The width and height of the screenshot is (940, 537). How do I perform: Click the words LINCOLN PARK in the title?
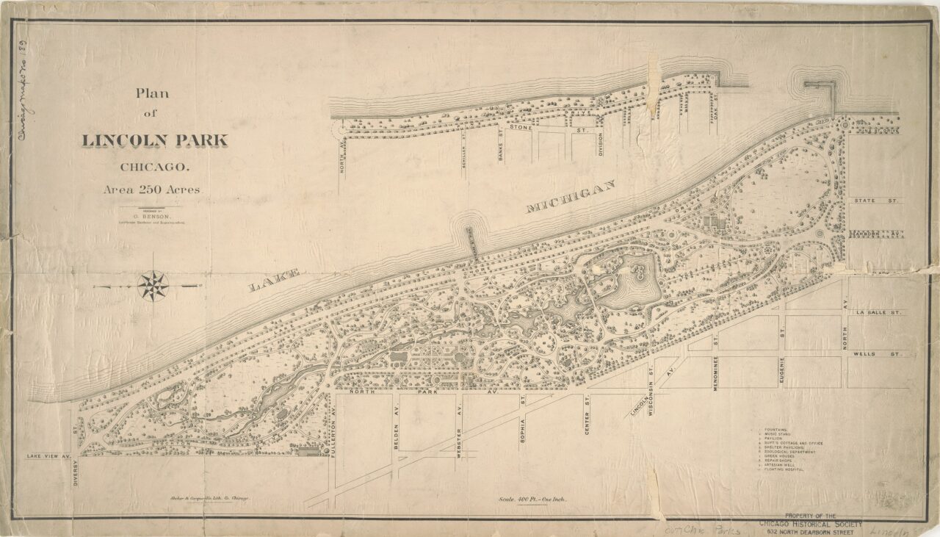coord(155,140)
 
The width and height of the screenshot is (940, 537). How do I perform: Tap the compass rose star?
coord(153,286)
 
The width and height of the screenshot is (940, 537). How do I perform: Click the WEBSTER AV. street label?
coord(459,439)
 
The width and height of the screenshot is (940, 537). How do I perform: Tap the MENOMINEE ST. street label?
coord(715,373)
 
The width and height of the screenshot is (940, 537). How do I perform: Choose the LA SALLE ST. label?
coord(878,312)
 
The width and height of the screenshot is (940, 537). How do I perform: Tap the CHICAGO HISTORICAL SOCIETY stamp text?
coord(804,523)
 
